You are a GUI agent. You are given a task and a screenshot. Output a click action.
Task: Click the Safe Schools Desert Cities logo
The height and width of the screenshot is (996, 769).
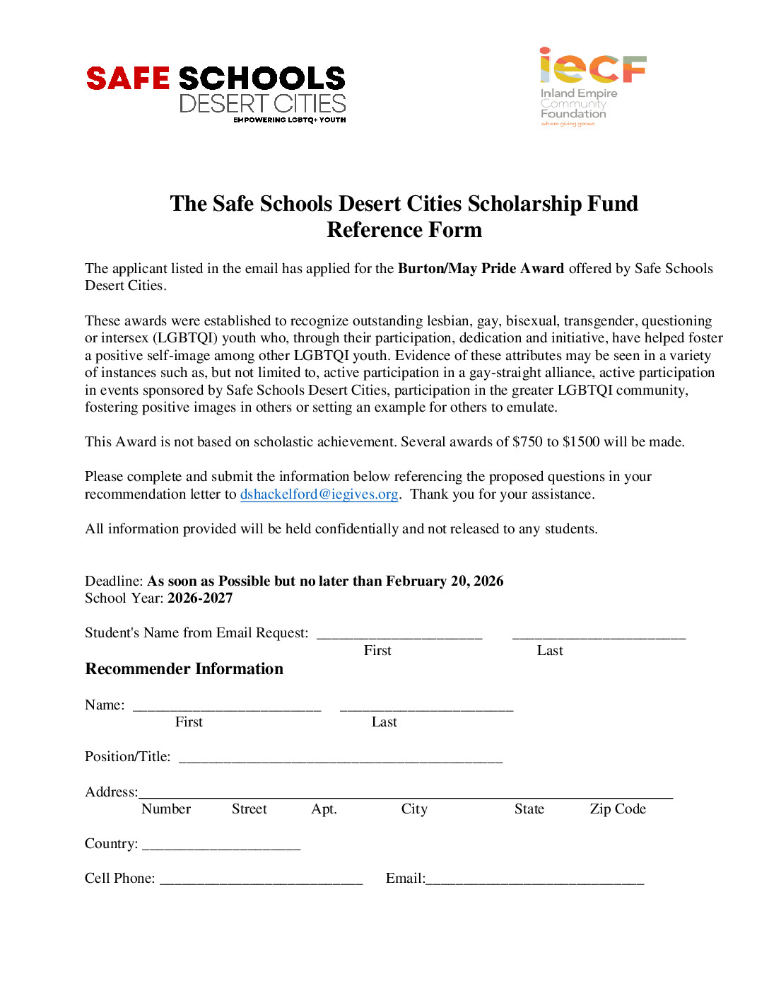point(216,92)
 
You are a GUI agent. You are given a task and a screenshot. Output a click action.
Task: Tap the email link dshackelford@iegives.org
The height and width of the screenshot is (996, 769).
point(319,494)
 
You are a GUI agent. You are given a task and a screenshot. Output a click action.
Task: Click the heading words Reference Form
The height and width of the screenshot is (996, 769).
point(404,230)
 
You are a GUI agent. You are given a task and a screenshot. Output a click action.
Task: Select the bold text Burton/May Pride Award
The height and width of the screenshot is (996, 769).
point(481,268)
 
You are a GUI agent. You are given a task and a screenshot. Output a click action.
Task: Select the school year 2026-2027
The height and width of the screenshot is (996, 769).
point(200,598)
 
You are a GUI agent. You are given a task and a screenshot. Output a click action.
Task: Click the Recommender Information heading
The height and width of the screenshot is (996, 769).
point(184,668)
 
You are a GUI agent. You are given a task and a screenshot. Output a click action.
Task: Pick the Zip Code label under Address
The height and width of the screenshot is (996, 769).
point(618,809)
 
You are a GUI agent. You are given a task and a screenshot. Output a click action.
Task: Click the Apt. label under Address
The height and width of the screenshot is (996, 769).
point(324,809)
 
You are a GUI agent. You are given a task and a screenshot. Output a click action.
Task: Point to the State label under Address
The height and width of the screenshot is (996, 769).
point(529,809)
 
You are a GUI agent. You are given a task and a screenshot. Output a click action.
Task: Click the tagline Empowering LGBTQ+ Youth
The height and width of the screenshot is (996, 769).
point(290,120)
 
